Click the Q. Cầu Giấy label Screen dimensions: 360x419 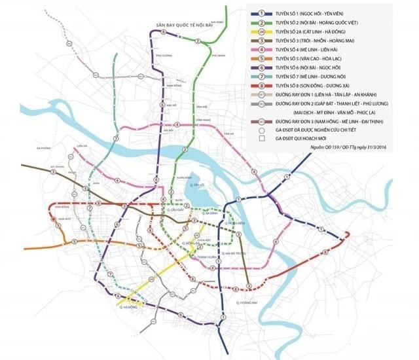(x=176, y=211)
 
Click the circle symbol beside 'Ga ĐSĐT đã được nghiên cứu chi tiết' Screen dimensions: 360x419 (x=262, y=130)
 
